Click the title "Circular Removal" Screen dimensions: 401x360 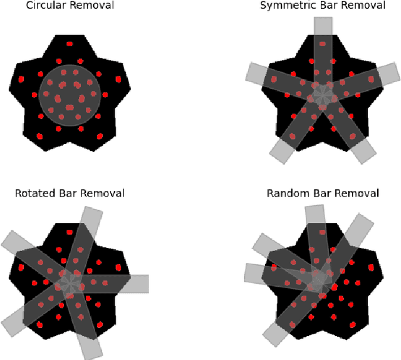[x=70, y=6]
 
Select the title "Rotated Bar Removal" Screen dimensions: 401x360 [x=70, y=193]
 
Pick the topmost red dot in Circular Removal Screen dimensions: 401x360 [x=70, y=44]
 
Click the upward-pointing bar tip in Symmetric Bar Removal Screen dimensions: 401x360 [x=323, y=26]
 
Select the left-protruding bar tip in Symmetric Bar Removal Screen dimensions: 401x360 [x=256, y=73]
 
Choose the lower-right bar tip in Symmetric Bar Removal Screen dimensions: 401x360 [x=364, y=150]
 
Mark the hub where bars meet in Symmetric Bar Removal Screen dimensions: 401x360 [x=323, y=95]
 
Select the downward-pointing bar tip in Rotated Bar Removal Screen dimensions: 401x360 [x=90, y=348]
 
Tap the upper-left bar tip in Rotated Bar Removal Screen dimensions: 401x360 [x=13, y=242]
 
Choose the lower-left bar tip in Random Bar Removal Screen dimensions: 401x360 [x=274, y=335]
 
